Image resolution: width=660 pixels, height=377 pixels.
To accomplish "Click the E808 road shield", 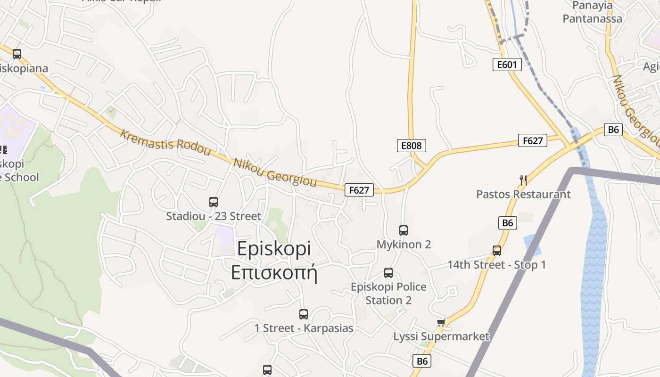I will [x=411, y=146].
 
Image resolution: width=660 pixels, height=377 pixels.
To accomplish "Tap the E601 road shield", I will [x=507, y=65].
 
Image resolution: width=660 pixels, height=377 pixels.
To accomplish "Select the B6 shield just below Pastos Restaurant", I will [x=507, y=222].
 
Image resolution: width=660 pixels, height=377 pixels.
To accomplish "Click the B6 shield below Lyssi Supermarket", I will [x=422, y=361].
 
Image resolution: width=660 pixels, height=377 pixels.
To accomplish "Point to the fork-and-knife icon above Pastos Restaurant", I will [x=523, y=180].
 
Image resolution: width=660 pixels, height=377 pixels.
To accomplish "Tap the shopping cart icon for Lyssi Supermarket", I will [x=441, y=322].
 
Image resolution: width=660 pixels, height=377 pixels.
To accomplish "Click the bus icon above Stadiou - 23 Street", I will [x=214, y=202].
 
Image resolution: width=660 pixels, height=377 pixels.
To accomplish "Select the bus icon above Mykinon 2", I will [x=404, y=230].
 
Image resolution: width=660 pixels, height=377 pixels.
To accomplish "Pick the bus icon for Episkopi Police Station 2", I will [x=388, y=273].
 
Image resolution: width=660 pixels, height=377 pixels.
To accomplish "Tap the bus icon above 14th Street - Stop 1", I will [x=497, y=251].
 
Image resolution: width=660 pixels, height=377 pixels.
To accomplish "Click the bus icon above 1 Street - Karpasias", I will [x=304, y=314].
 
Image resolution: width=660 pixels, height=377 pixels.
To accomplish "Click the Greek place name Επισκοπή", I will [x=274, y=273].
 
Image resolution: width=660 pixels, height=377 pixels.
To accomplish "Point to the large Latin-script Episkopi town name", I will [x=274, y=249].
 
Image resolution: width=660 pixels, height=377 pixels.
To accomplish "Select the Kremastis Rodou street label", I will [x=165, y=142].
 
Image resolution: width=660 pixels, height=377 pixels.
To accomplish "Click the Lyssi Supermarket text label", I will [x=442, y=336].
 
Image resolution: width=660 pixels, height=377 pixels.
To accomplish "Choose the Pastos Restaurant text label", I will [x=523, y=194].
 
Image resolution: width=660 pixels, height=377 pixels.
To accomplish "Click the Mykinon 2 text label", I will [x=404, y=245].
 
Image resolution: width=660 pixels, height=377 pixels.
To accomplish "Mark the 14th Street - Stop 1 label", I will [x=496, y=265].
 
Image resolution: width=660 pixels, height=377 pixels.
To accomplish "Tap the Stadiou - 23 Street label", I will [x=214, y=216].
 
